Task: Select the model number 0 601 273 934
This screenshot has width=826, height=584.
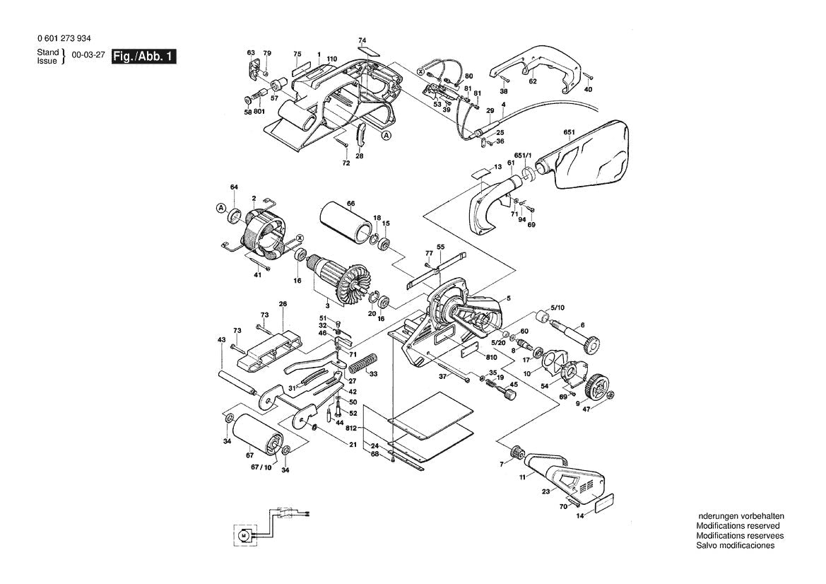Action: (x=63, y=39)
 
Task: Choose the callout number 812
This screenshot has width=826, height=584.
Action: (x=351, y=429)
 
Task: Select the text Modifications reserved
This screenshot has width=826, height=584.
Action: (x=738, y=526)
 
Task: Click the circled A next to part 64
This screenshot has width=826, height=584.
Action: (x=220, y=208)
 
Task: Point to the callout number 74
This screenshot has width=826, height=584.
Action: (x=362, y=40)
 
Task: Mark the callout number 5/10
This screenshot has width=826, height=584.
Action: (x=557, y=308)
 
